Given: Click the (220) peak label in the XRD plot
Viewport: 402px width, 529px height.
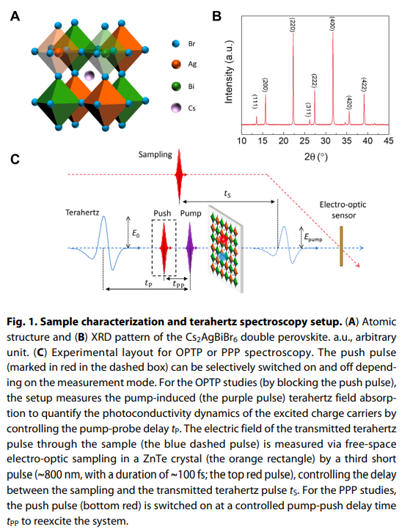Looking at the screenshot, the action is pyautogui.click(x=293, y=24).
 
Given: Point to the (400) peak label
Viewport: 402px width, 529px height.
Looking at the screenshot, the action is pyautogui.click(x=332, y=23).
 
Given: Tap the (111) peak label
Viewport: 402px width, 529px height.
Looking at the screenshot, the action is pyautogui.click(x=255, y=102).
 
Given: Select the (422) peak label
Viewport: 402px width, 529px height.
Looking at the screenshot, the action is pyautogui.click(x=364, y=85).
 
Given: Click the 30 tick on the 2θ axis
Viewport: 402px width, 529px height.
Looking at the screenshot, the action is pyautogui.click(x=326, y=141).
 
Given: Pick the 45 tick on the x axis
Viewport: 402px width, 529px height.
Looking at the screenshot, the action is pyautogui.click(x=389, y=141).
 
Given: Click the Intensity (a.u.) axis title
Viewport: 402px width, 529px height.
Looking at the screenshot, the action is pyautogui.click(x=229, y=72).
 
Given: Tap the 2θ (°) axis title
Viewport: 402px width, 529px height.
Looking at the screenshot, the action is pyautogui.click(x=315, y=157).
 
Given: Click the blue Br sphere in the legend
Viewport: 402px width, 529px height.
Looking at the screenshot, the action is pyautogui.click(x=176, y=43).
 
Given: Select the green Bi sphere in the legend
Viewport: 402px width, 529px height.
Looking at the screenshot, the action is pyautogui.click(x=176, y=86).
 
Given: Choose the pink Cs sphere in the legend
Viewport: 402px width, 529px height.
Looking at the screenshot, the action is pyautogui.click(x=176, y=108).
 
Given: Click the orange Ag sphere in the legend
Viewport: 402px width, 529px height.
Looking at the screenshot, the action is pyautogui.click(x=176, y=64).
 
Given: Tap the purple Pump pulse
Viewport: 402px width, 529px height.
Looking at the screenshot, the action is pyautogui.click(x=190, y=248).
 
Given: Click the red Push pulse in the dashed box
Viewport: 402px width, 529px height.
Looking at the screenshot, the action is pyautogui.click(x=164, y=248).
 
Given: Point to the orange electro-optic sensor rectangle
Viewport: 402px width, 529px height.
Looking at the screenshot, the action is pyautogui.click(x=342, y=246).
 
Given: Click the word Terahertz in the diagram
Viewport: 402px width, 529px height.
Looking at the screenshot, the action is pyautogui.click(x=82, y=212).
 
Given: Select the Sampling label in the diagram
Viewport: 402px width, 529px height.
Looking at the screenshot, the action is pyautogui.click(x=155, y=155).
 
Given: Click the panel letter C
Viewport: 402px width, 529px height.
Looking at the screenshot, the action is pyautogui.click(x=15, y=159).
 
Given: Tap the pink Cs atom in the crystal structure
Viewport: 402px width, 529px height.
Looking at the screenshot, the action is pyautogui.click(x=89, y=75).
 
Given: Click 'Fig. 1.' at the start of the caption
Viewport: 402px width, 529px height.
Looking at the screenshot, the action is pyautogui.click(x=21, y=322).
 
